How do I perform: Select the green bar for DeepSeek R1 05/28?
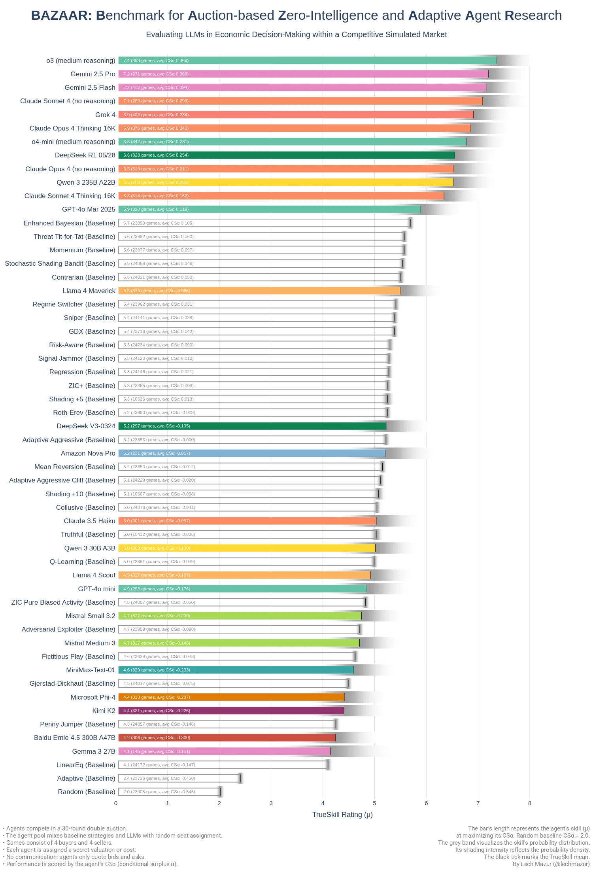click(287, 155)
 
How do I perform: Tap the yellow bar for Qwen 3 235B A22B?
click(285, 182)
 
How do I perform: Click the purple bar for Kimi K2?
click(231, 711)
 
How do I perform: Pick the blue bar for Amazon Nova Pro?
click(252, 453)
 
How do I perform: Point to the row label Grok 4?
click(105, 115)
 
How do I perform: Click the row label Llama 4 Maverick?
click(89, 291)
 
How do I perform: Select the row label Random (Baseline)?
click(87, 792)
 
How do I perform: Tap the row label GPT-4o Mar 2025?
click(89, 209)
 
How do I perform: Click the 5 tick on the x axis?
click(374, 803)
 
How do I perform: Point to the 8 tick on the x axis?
click(530, 803)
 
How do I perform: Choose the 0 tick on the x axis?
click(116, 803)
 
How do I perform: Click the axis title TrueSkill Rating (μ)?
click(342, 815)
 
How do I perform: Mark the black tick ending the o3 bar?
click(497, 61)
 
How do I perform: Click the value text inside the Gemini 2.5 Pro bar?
click(156, 74)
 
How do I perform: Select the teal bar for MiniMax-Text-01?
click(236, 670)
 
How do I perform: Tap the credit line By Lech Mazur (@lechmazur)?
click(551, 864)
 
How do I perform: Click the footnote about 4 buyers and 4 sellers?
click(59, 843)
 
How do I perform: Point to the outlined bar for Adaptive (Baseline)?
click(179, 778)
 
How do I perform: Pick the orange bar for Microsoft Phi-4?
click(231, 697)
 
